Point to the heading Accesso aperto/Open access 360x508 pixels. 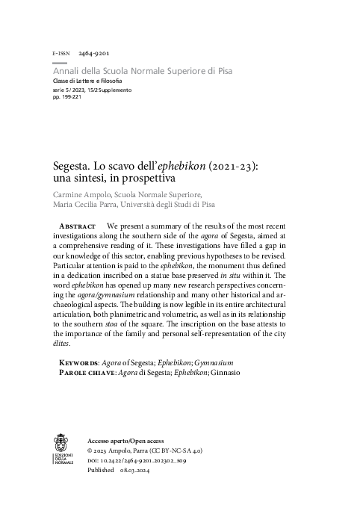coord(125,441)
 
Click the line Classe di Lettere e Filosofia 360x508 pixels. coord(87,80)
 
